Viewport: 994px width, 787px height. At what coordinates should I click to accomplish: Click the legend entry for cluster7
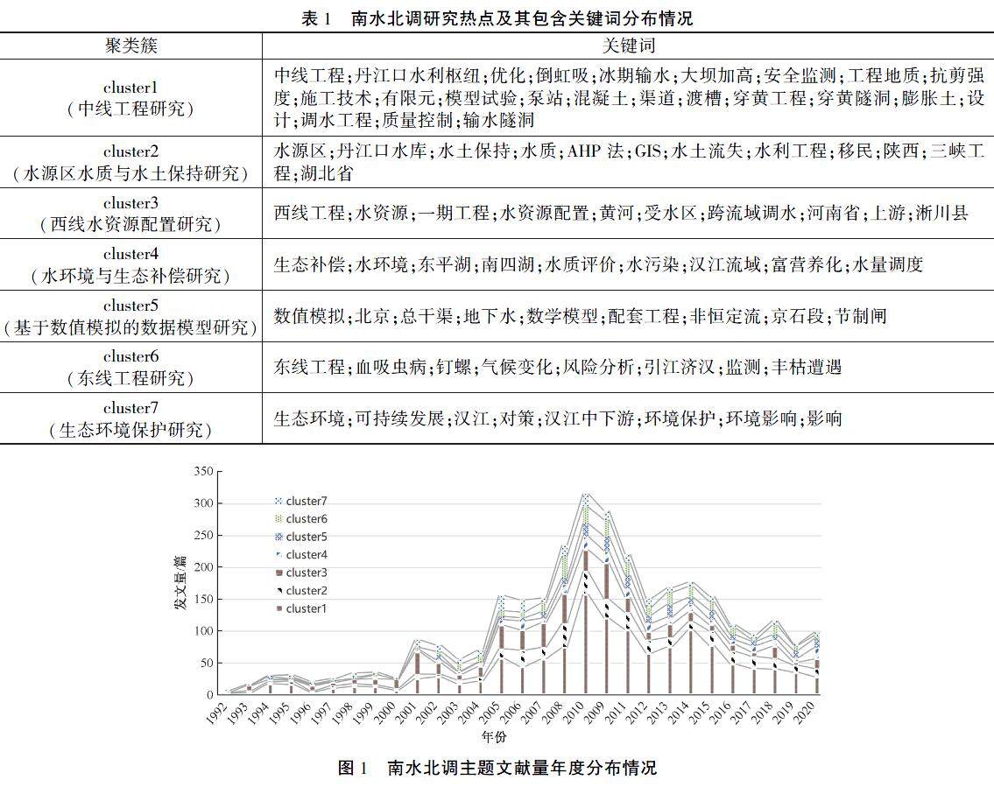pos(305,502)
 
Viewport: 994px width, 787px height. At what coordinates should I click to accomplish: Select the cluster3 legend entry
pos(305,573)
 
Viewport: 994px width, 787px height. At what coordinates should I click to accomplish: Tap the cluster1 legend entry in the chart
pos(305,608)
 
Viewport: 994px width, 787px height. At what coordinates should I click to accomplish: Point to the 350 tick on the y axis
pos(202,471)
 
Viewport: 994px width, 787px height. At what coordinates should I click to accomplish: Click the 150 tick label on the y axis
pos(202,599)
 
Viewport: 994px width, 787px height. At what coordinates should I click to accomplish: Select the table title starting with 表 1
pos(497,18)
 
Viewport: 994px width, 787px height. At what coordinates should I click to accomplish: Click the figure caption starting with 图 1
pos(497,768)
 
